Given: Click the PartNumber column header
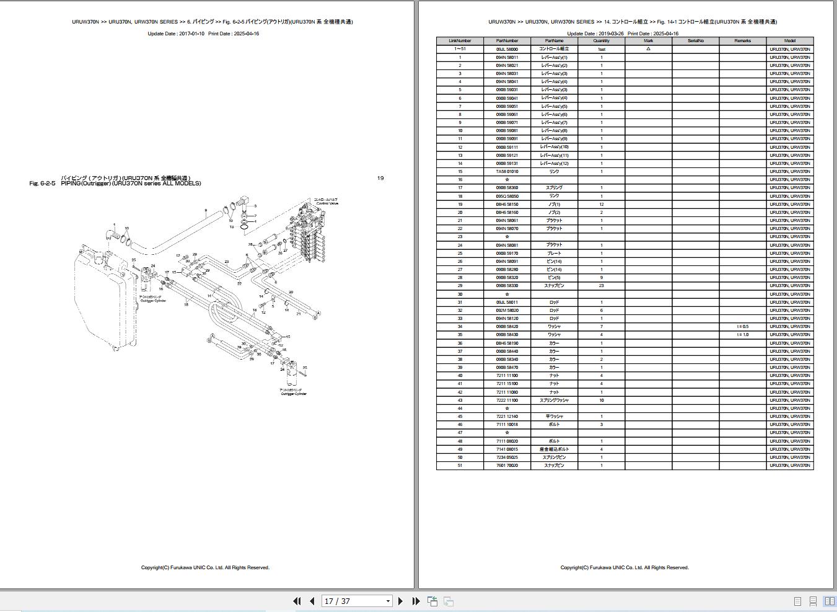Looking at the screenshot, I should click(507, 41).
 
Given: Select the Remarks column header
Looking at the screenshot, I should click(742, 41).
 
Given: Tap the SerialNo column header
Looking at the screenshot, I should click(696, 41).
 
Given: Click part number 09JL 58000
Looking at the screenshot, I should click(507, 49).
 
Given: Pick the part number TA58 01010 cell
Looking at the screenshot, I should click(507, 172).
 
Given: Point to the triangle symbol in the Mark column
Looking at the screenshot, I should click(648, 49).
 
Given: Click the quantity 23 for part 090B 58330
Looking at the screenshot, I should click(601, 286).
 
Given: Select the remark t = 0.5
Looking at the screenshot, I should click(742, 327).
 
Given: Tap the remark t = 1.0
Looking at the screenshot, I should click(742, 335).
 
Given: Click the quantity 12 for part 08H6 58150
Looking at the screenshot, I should click(601, 205).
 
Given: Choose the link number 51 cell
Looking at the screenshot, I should click(460, 466).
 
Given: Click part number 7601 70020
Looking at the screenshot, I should click(507, 466).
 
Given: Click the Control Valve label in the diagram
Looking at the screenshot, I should click(326, 202).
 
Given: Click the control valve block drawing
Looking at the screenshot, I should click(307, 236).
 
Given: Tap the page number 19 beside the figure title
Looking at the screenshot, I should click(380, 178).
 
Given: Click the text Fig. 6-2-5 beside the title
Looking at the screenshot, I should click(42, 184).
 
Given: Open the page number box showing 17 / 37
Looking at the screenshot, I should click(357, 601).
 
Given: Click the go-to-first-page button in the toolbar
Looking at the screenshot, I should click(297, 601).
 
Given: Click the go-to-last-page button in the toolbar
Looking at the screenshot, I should click(416, 601).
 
